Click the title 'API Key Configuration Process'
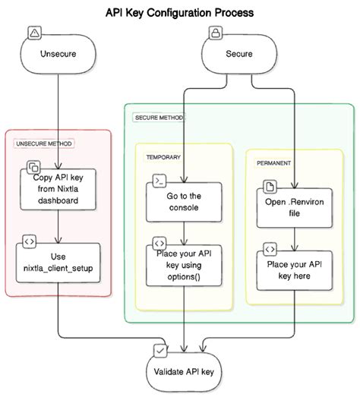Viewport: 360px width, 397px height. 179,13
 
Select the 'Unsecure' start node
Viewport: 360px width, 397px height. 58,55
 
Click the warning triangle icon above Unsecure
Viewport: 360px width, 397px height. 34,33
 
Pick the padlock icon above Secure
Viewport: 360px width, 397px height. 216,33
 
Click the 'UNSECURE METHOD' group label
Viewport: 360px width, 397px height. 44,143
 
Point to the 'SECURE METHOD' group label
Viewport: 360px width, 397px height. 158,118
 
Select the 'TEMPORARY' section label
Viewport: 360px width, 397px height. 163,157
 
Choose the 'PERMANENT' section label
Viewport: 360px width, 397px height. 274,163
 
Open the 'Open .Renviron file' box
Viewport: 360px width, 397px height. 293,207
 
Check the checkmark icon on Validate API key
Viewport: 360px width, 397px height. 159,350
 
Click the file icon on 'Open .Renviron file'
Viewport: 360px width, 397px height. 270,186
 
